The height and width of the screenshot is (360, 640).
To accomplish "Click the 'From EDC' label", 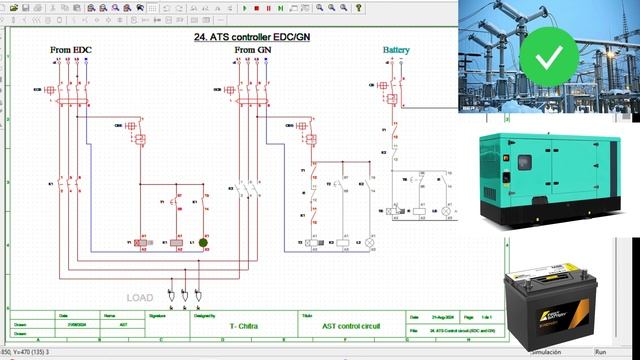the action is point(71,49).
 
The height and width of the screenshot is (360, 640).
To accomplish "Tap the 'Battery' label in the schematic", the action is point(396,49).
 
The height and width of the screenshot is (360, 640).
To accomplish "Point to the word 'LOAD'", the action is point(140,297).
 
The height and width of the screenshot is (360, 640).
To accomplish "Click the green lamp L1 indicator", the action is point(203,242).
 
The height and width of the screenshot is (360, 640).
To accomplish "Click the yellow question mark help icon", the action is point(358,7).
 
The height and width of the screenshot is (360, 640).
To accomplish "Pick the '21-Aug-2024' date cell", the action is point(443,314).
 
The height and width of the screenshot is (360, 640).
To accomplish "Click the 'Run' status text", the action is point(601,352).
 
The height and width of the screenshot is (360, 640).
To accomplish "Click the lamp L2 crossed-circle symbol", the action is point(368,242).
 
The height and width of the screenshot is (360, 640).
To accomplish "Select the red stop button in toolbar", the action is point(256,7).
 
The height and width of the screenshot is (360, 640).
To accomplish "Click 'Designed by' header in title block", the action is point(204,314).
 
